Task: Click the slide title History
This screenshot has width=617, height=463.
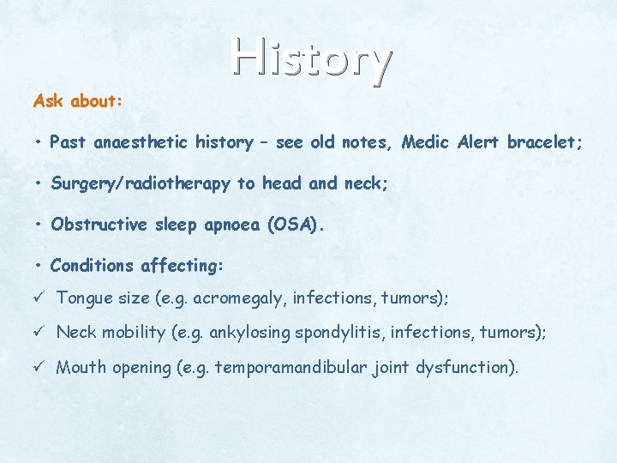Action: tap(311, 59)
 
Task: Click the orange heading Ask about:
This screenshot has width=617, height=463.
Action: tap(78, 101)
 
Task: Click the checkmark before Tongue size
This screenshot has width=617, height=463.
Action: tap(38, 298)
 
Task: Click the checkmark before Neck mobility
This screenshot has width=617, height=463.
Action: tap(38, 333)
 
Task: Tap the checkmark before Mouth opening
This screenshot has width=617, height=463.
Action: tap(38, 368)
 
